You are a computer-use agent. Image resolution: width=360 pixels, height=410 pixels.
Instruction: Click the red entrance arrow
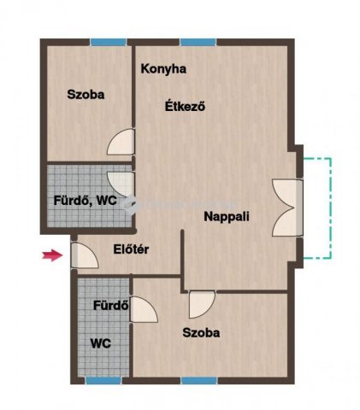tap(53, 255)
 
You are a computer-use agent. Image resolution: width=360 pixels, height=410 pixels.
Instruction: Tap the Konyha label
tap(163, 69)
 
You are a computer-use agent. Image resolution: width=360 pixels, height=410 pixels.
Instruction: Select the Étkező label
tap(186, 107)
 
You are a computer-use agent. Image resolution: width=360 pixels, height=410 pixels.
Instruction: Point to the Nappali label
tap(227, 217)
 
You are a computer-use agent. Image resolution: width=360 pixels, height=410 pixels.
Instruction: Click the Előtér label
tap(131, 249)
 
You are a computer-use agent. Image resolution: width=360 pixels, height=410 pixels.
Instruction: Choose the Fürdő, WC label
tap(86, 201)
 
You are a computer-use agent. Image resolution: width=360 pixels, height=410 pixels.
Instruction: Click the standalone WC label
tap(101, 343)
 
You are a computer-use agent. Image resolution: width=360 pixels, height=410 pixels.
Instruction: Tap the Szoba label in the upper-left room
tap(86, 95)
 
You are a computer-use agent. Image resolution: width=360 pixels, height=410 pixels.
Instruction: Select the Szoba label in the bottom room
tap(201, 332)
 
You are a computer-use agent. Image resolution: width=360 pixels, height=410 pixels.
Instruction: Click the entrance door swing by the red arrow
tap(85, 255)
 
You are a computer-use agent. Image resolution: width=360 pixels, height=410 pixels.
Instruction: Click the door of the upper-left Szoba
tap(121, 142)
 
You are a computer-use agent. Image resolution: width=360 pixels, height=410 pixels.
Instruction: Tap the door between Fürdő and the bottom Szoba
tap(144, 309)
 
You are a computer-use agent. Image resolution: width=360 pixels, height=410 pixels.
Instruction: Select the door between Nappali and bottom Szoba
tap(202, 304)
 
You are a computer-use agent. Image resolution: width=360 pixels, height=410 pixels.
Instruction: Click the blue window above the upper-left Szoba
tap(109, 42)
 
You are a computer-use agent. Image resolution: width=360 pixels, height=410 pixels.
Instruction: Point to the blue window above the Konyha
tap(198, 42)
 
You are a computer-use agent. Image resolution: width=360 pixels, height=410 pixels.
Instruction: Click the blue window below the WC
tap(103, 380)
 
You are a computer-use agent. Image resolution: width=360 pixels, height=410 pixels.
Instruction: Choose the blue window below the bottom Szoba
tap(199, 380)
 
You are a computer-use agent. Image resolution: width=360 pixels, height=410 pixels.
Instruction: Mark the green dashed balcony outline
tap(331, 208)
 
